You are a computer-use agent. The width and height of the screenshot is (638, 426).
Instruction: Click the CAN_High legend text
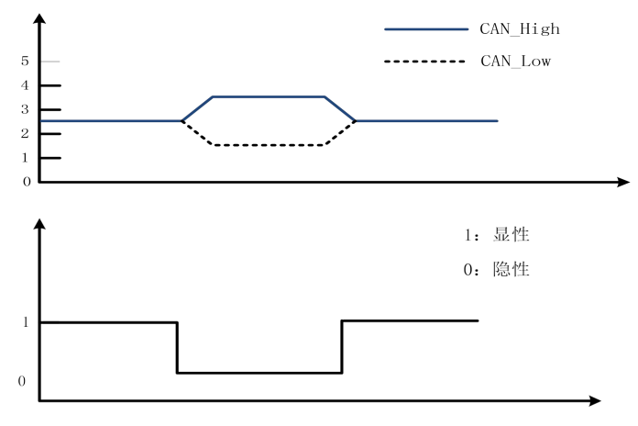(x=520, y=29)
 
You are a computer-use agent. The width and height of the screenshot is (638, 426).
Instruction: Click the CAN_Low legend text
(x=515, y=62)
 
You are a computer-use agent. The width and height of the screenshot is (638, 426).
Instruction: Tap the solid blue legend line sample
(x=425, y=29)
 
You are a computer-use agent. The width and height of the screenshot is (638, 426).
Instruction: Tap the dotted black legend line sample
(x=425, y=62)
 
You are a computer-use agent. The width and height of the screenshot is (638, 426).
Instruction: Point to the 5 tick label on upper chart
(x=27, y=62)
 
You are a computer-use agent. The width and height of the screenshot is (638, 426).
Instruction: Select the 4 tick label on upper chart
(x=27, y=85)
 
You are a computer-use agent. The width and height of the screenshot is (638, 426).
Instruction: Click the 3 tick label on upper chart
(x=27, y=109)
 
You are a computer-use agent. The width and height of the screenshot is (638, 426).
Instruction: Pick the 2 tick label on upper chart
(x=27, y=133)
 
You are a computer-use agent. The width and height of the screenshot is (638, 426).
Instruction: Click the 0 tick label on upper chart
(x=27, y=181)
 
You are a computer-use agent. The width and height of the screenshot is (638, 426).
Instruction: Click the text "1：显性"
(x=497, y=234)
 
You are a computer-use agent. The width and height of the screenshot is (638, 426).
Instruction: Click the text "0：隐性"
(x=497, y=271)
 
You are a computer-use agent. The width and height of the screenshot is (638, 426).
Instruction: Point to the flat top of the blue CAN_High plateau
(x=268, y=96)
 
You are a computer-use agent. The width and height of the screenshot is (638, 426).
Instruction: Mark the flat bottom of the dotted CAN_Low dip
(x=268, y=145)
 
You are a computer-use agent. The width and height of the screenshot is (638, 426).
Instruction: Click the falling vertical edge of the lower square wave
(x=177, y=347)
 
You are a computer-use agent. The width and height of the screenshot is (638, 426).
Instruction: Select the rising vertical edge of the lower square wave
(x=342, y=347)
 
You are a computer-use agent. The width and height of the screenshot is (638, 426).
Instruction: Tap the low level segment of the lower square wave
(x=259, y=373)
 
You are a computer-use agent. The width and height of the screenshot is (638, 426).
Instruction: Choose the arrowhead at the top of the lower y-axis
(x=39, y=227)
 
